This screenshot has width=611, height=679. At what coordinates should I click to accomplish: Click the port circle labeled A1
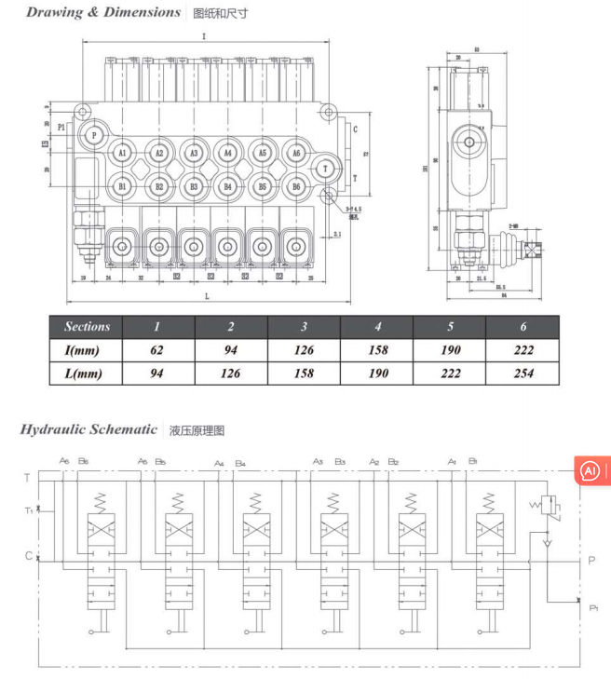coord(122,153)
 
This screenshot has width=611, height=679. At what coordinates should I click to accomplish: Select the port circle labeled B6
coord(296,186)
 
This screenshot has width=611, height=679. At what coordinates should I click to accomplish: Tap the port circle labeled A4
coord(227,153)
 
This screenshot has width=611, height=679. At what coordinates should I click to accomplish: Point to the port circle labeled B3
coord(193,186)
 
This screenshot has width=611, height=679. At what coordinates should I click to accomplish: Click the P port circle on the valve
coord(94,135)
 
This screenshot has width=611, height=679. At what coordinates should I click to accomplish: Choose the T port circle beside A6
coord(324,169)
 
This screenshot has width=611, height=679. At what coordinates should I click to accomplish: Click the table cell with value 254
coord(523,373)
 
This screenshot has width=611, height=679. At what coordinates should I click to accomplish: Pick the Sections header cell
coord(87,327)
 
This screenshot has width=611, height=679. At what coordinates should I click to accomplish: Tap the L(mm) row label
coord(87,373)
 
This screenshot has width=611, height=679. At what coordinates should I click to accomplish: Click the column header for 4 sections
coord(377,327)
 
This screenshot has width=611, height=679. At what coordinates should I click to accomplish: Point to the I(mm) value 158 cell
coord(377,350)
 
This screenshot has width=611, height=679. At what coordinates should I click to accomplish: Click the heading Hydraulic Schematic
coord(88,429)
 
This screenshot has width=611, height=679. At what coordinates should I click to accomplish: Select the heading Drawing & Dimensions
coord(102,12)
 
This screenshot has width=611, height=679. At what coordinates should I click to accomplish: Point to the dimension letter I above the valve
coord(203,36)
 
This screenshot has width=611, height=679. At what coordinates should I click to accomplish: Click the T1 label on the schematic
coord(29,509)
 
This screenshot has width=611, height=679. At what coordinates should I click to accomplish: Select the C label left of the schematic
coord(28,556)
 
